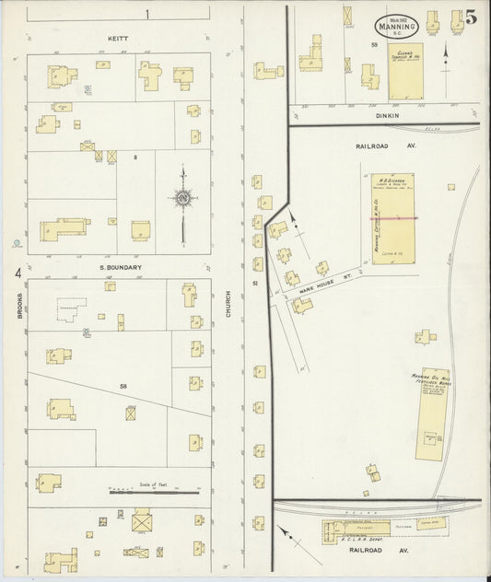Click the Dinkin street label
(385, 116)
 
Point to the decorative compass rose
(182, 198)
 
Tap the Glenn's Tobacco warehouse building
(403, 72)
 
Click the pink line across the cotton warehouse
(393, 218)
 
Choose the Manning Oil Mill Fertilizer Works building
(431, 413)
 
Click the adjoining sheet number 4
(18, 274)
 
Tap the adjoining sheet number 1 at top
(146, 14)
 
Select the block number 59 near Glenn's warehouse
(375, 44)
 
